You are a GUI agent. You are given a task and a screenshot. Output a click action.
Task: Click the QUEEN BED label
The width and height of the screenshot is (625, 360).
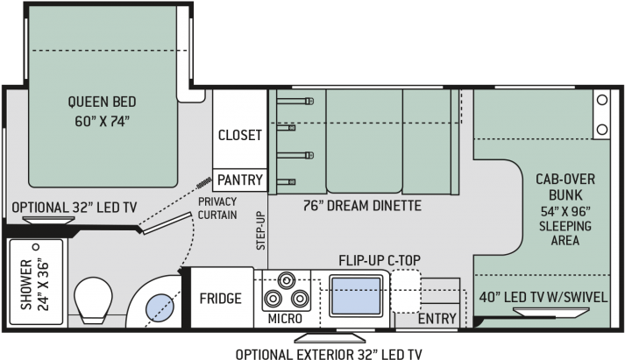pyautogui.click(x=102, y=102)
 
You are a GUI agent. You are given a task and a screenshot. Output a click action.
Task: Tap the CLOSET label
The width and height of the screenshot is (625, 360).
pyautogui.click(x=240, y=135)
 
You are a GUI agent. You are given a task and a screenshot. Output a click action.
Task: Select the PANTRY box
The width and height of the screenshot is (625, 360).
pyautogui.click(x=240, y=180)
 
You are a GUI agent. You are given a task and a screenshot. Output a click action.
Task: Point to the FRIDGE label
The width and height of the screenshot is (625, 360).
pyautogui.click(x=220, y=299)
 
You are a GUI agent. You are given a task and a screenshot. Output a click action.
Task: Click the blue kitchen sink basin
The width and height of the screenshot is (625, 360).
pyautogui.click(x=357, y=296)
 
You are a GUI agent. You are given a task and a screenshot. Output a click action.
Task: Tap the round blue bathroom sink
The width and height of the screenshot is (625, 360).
pyautogui.click(x=160, y=307)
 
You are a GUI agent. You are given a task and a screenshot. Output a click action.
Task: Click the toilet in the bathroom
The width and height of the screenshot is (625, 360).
pyautogui.click(x=93, y=300)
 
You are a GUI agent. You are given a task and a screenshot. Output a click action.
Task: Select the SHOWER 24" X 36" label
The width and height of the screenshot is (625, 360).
pyautogui.click(x=34, y=285)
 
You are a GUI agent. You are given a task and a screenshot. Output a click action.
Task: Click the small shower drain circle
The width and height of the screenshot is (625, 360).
pyautogui.click(x=36, y=247)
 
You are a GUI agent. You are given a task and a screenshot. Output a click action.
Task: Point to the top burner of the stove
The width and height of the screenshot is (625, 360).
pyautogui.click(x=286, y=280)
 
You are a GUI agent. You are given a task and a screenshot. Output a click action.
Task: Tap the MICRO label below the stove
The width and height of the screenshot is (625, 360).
pyautogui.click(x=285, y=319)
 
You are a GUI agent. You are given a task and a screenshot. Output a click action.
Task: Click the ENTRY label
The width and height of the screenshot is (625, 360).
pyautogui.click(x=437, y=319)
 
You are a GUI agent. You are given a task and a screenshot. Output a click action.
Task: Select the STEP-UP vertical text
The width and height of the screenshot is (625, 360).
pyautogui.click(x=260, y=230)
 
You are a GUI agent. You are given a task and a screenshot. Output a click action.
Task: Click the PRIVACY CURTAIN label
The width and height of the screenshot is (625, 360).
pyautogui.click(x=217, y=208)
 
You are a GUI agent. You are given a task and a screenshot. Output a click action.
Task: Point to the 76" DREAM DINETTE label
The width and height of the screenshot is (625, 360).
pyautogui.click(x=362, y=206)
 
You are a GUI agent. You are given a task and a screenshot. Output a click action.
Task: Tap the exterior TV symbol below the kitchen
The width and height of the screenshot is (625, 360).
pyautogui.click(x=330, y=338)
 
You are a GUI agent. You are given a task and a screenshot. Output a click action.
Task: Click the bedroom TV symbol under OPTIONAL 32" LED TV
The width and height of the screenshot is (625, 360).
pyautogui.click(x=48, y=220)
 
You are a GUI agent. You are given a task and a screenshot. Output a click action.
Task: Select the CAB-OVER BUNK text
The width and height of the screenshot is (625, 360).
pyautogui.click(x=565, y=187)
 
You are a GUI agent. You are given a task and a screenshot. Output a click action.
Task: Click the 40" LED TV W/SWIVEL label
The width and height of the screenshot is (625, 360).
pyautogui.click(x=543, y=297)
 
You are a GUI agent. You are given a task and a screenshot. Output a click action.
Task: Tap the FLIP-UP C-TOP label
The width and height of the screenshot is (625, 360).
pyautogui.click(x=380, y=260)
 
